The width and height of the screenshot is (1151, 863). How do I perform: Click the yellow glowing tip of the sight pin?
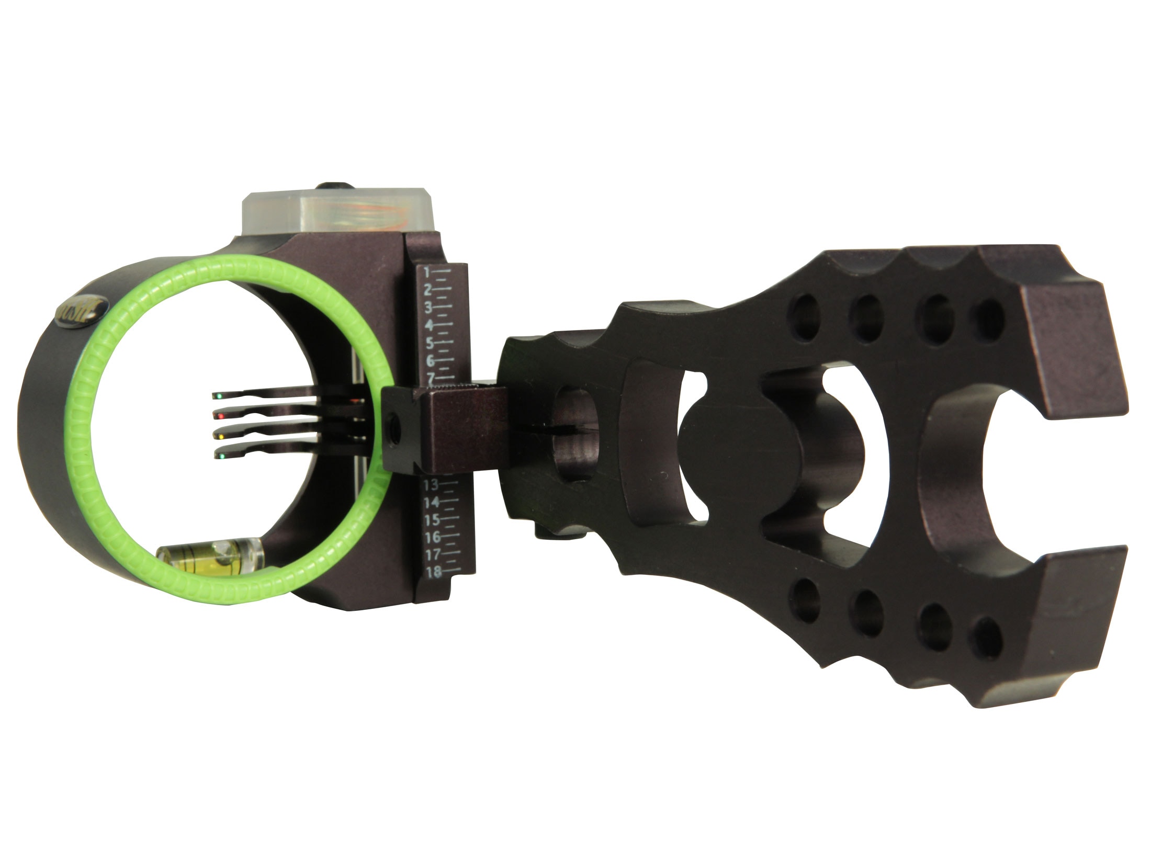pyautogui.click(x=219, y=436)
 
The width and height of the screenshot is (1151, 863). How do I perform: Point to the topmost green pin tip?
pyautogui.click(x=216, y=396)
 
